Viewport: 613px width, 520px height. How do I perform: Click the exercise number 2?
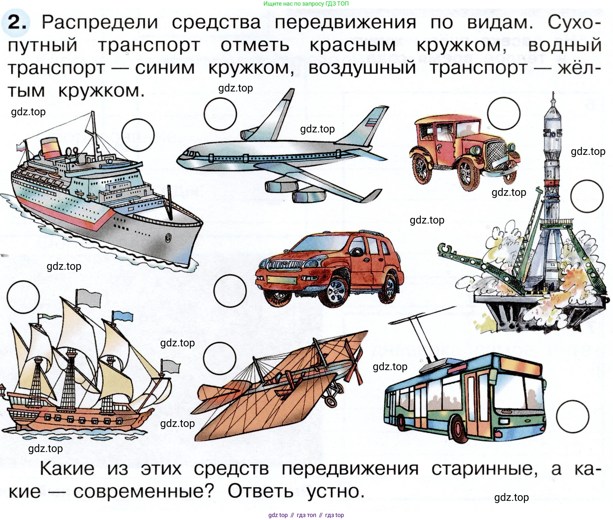point(17,22)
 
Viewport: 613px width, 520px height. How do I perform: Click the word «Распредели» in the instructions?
point(100,22)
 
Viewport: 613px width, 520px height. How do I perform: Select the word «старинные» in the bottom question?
point(485,469)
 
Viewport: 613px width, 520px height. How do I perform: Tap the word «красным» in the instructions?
point(353,46)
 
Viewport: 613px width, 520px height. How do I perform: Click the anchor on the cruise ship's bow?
point(168,237)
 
